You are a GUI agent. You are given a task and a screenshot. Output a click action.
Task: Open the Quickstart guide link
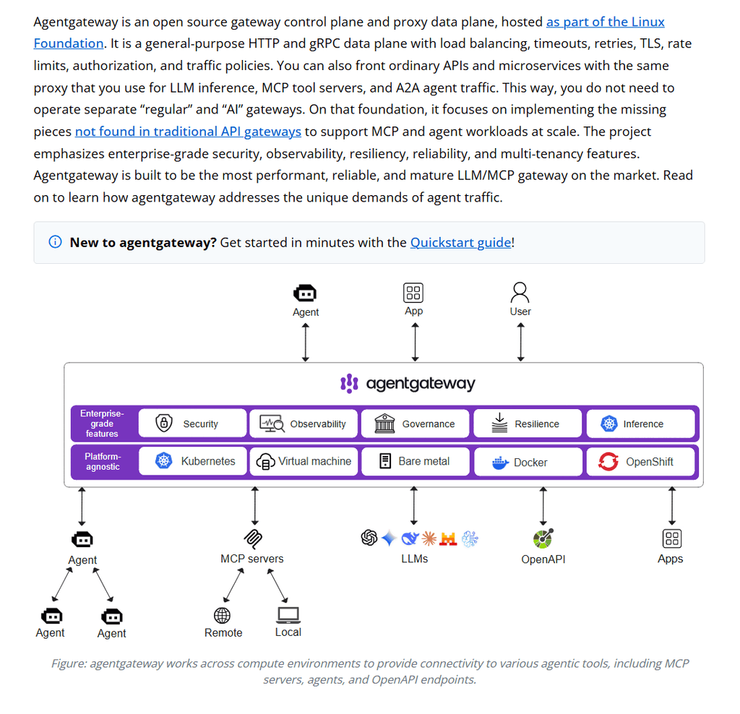click(460, 243)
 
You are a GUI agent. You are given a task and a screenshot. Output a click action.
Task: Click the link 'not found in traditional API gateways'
click(188, 132)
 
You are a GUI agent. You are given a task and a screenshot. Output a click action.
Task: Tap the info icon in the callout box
click(55, 242)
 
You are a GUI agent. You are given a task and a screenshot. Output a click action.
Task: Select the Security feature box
click(192, 423)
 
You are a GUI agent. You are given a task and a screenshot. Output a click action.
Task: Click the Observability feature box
click(304, 423)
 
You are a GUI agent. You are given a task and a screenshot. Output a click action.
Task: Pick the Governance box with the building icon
click(416, 423)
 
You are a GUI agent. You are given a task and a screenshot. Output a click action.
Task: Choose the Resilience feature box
click(528, 423)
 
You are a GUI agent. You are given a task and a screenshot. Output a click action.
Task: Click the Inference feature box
click(640, 423)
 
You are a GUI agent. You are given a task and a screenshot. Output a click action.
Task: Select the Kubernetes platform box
click(192, 461)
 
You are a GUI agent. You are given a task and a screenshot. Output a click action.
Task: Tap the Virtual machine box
click(304, 461)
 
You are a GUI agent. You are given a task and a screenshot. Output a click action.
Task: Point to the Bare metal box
click(416, 461)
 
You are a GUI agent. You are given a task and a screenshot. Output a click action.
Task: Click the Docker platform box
click(528, 462)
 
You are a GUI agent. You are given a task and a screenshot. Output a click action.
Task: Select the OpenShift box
click(640, 462)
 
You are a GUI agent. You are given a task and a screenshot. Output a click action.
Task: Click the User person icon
click(520, 293)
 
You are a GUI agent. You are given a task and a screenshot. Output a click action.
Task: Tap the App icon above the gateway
click(413, 293)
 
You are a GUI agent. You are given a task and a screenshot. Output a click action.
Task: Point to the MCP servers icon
click(253, 538)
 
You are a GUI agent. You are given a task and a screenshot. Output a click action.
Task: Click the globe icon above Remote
click(223, 616)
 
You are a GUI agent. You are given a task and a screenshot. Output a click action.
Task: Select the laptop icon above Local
click(288, 615)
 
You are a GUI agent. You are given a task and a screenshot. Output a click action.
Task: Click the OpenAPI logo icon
click(543, 538)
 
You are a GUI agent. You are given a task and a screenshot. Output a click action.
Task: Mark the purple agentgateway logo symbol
click(349, 384)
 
